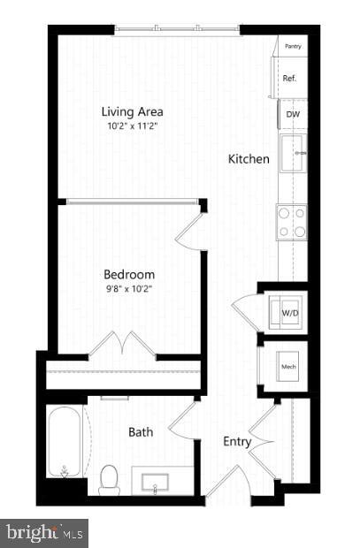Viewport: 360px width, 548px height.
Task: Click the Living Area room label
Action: (x=133, y=112)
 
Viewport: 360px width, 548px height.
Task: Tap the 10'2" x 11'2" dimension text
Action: (x=133, y=126)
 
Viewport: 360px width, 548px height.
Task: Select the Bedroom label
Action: (x=129, y=274)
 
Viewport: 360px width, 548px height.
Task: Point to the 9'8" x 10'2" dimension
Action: (x=129, y=287)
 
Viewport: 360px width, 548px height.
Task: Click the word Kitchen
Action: (x=249, y=159)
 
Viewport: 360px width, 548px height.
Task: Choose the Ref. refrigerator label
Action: (x=289, y=79)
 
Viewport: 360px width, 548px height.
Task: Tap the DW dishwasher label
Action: (x=292, y=114)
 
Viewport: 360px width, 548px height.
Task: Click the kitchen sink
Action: (x=293, y=154)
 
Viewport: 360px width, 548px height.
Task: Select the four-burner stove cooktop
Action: (x=292, y=222)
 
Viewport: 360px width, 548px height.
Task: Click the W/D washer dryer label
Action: (x=290, y=312)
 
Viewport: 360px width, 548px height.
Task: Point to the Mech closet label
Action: (x=288, y=365)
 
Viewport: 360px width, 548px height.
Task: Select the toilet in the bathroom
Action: (x=110, y=479)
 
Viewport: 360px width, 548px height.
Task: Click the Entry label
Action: (x=237, y=442)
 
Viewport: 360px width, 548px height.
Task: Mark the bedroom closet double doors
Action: (x=123, y=343)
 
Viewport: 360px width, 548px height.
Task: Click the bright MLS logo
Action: (x=44, y=533)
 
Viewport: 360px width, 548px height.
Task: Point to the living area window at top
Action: (x=177, y=31)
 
